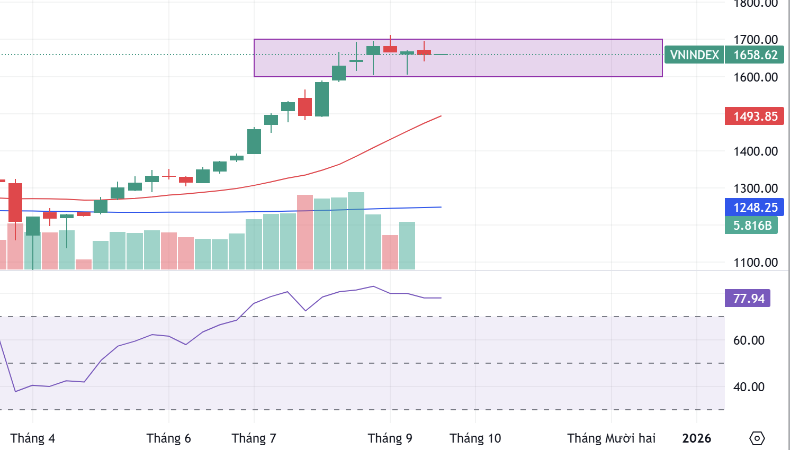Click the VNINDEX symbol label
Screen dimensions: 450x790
[694, 55]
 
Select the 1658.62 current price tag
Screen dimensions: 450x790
[755, 55]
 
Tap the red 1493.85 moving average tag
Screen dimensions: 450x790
[755, 116]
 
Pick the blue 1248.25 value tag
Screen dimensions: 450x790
[755, 208]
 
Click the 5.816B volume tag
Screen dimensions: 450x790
[752, 226]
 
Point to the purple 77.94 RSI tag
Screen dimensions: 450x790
[748, 299]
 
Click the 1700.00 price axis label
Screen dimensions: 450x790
[755, 40]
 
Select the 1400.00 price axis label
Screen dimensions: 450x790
[755, 151]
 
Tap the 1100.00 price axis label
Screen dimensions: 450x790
[755, 263]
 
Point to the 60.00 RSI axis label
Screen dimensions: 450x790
[748, 340]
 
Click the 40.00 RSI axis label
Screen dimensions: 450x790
[748, 387]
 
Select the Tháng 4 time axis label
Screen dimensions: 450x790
[33, 438]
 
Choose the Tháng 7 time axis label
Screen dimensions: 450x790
[254, 438]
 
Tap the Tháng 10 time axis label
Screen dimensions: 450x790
[475, 438]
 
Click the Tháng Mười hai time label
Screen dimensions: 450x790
[611, 438]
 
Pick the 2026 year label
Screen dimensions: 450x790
[696, 438]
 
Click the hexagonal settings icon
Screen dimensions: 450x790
[757, 438]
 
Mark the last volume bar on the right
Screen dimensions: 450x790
[407, 246]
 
